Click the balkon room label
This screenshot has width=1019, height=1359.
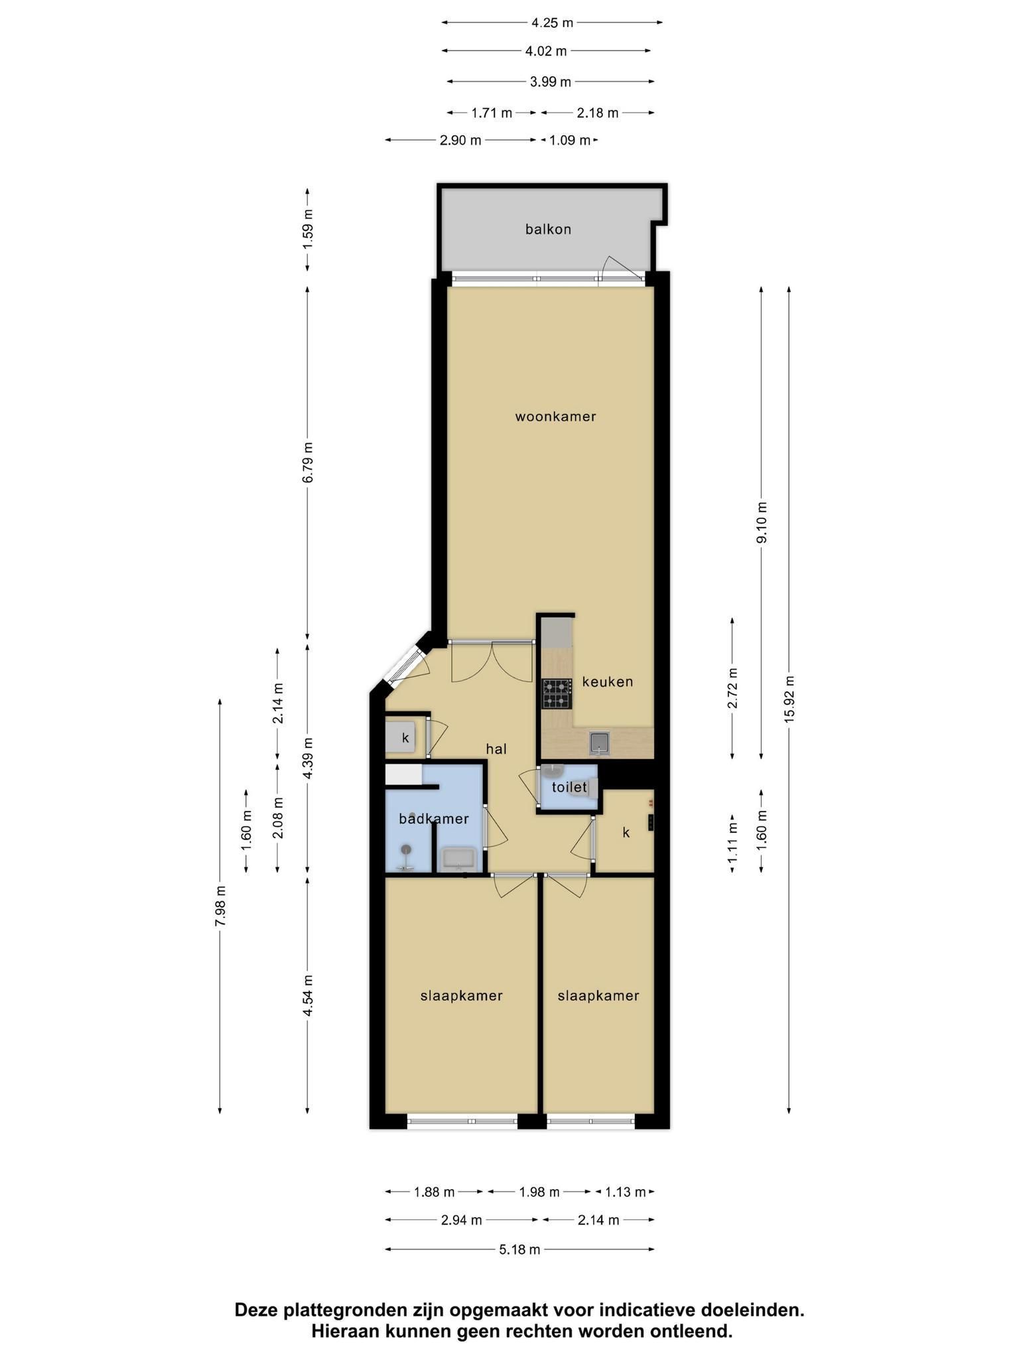548,230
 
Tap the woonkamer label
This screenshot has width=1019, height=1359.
555,417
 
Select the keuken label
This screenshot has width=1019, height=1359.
608,681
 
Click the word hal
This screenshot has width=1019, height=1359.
496,749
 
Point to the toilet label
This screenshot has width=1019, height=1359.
569,788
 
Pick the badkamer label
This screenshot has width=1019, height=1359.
434,819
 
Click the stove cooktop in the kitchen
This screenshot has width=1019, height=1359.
557,694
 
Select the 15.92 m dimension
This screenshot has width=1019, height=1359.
789,699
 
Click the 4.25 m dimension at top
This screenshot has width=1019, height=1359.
552,23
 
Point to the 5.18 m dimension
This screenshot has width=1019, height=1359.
519,1250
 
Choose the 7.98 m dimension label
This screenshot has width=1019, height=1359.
220,906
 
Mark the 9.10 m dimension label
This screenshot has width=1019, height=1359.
761,522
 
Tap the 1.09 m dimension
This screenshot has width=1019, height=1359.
570,140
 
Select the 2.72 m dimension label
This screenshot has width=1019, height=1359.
732,688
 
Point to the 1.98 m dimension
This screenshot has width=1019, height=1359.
539,1192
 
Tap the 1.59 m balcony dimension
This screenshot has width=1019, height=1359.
307,230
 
